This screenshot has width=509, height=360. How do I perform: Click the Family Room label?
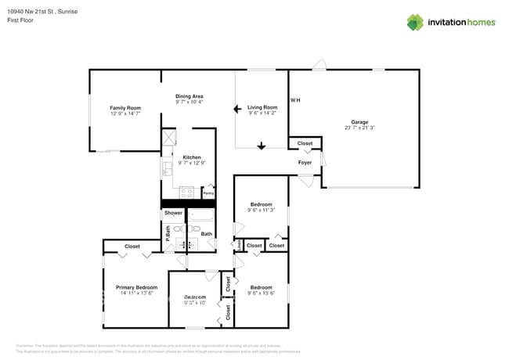point(125,107)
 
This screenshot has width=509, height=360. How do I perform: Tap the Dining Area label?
point(189,95)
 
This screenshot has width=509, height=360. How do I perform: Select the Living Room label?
point(262,107)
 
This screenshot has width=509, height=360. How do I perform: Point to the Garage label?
point(359,122)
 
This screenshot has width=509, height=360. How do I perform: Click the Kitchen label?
point(192,157)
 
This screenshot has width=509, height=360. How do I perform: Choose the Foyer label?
point(305,162)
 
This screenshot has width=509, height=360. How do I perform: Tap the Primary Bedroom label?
point(136,287)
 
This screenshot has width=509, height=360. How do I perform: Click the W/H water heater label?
point(294,100)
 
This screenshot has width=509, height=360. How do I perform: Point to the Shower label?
point(173,213)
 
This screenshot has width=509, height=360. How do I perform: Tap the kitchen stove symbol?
point(186,191)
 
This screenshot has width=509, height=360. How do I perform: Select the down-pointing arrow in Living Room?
point(262,145)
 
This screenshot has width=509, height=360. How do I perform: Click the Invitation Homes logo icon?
point(415,22)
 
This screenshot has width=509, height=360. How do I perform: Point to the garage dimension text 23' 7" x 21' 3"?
point(359,128)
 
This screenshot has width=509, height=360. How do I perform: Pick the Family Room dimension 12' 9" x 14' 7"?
point(125,113)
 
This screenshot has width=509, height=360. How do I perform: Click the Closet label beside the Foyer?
point(305,143)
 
